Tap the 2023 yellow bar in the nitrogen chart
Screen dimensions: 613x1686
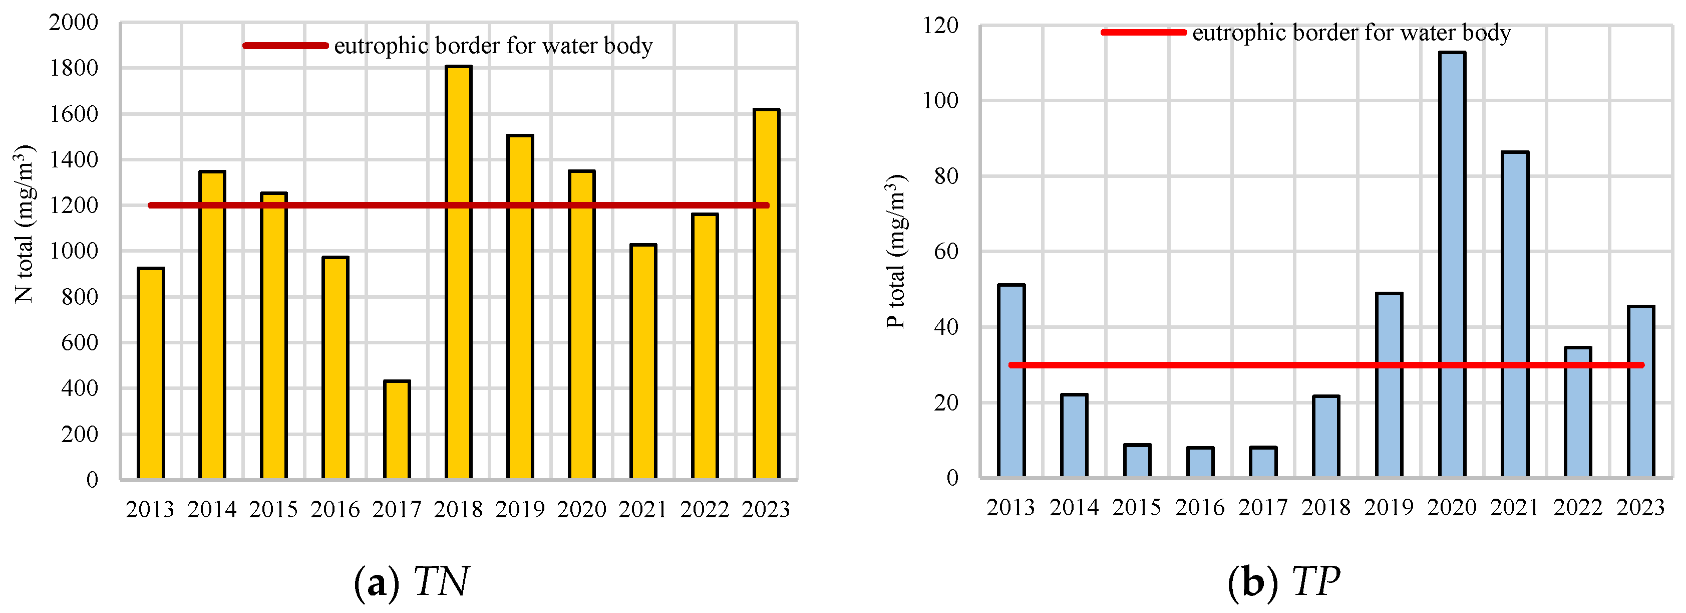[766, 294]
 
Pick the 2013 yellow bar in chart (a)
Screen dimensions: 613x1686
[151, 373]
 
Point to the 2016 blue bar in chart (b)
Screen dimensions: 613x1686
[1200, 462]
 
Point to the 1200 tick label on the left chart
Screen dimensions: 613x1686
[73, 205]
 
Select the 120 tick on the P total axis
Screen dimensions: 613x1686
[940, 26]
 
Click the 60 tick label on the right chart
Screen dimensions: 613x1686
[946, 252]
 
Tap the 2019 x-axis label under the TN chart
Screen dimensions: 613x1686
[520, 509]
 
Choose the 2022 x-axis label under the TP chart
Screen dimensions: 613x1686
[1577, 507]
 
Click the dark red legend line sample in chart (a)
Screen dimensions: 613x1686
[285, 45]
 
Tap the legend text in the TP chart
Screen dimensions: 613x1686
[1351, 32]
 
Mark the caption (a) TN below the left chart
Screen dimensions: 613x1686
[411, 580]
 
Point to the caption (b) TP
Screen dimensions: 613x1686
[1283, 580]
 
